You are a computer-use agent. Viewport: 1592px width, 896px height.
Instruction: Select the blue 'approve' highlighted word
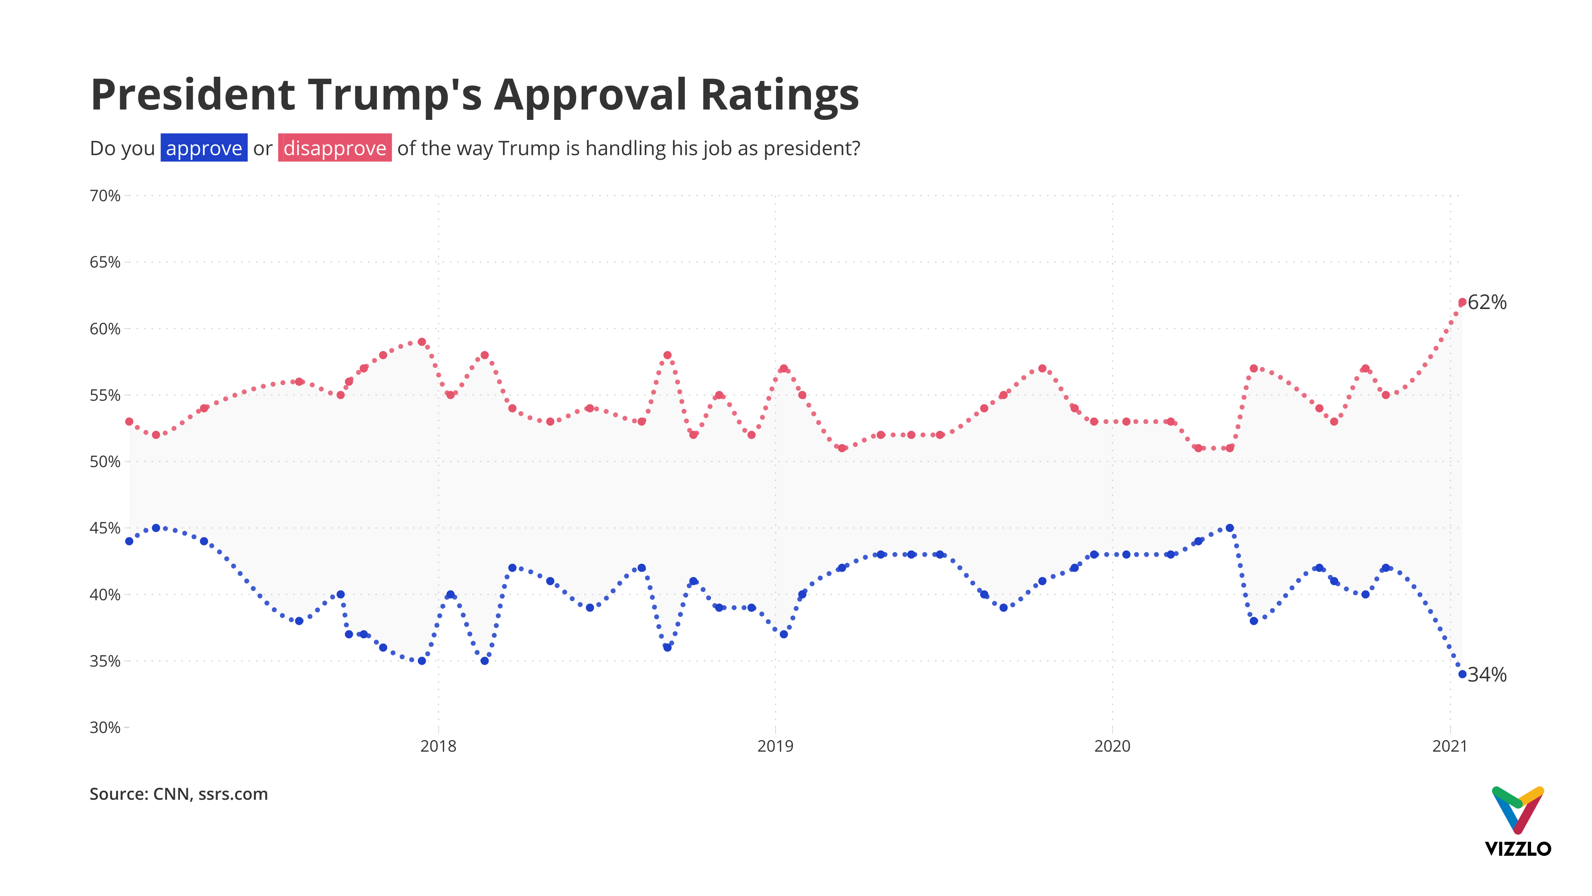204,149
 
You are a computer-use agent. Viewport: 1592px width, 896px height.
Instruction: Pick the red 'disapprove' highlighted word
334,149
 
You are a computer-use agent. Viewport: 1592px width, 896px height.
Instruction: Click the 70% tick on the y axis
105,196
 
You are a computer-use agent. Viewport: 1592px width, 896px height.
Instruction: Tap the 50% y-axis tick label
105,462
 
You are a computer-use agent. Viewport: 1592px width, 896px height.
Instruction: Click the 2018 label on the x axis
438,746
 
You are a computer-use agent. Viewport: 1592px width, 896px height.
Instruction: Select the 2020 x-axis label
1112,746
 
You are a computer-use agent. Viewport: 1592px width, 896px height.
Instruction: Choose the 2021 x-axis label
1449,746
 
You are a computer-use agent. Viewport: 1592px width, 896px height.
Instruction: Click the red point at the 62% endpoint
1462,302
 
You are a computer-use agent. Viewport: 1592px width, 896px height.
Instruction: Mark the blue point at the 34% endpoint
1462,674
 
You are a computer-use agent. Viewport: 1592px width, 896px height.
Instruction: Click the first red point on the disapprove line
129,422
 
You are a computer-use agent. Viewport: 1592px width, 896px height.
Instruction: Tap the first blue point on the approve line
129,542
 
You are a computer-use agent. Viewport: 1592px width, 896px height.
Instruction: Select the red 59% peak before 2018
422,342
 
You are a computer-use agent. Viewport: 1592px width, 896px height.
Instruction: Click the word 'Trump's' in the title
395,96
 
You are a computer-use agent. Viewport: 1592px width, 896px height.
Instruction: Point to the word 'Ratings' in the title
779,96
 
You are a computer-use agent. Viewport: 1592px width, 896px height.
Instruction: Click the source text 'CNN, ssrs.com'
210,795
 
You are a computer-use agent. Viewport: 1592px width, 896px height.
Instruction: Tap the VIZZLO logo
1517,823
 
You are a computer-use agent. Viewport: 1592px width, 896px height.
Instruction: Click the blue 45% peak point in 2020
1230,528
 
